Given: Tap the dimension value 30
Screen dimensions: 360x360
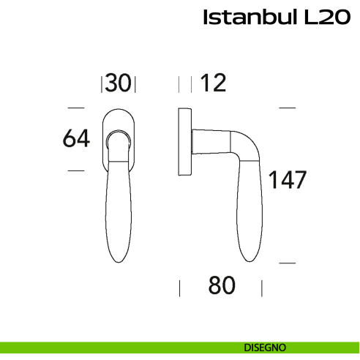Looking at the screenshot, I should point(119,83).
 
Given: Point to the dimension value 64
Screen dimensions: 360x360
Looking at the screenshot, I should point(75,138).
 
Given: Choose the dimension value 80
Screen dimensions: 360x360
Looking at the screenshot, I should point(222,286).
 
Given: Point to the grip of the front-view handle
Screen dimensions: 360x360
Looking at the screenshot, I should point(118,212).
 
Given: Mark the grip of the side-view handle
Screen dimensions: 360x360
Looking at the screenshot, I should point(247,212).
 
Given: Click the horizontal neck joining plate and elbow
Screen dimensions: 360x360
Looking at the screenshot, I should point(212,140).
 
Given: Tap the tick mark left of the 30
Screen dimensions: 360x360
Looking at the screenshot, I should point(101,84).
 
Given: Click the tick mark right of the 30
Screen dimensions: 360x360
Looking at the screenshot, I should point(136,84).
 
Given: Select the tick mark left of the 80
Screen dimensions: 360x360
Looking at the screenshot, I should point(180,287).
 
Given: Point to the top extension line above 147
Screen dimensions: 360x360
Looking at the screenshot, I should point(288,108).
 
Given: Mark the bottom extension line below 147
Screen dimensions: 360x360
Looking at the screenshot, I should point(288,262).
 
